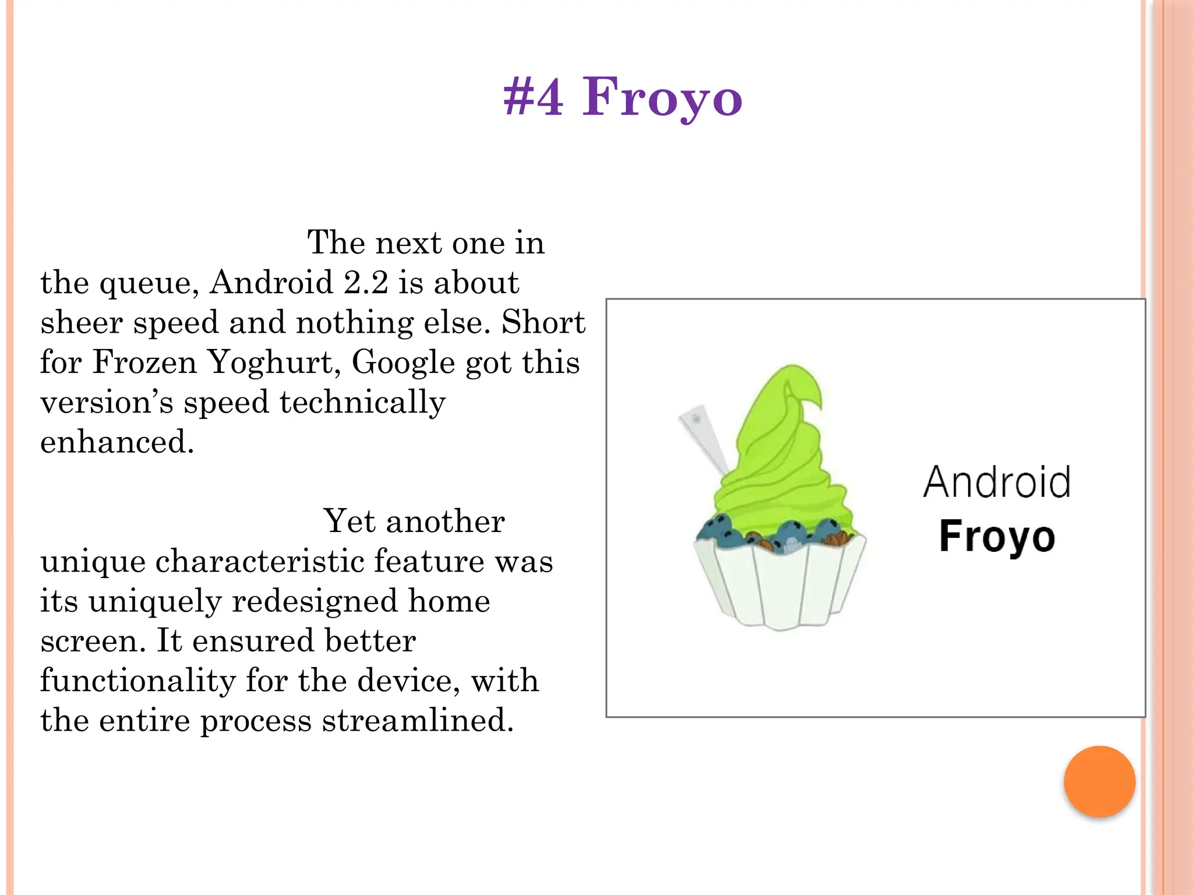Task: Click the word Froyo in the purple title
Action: click(x=662, y=98)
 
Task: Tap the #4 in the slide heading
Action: click(x=533, y=98)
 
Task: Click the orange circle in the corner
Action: click(x=1099, y=781)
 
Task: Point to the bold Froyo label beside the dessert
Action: click(x=997, y=536)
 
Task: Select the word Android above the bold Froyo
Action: click(x=997, y=482)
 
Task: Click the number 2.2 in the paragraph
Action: click(x=366, y=283)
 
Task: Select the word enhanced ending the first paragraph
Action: click(x=117, y=442)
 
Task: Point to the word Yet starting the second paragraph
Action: click(x=348, y=521)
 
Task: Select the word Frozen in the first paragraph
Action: click(x=144, y=362)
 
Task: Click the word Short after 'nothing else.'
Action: click(x=543, y=322)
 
